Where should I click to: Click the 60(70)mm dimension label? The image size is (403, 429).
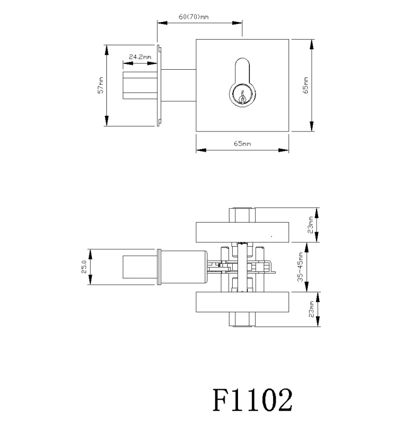click(x=193, y=17)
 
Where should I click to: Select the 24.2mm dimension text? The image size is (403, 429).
click(x=140, y=57)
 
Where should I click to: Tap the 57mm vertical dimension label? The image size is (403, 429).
click(x=100, y=85)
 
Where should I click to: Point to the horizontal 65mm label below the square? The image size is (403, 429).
click(x=242, y=144)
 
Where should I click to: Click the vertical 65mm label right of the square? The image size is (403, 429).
click(x=306, y=85)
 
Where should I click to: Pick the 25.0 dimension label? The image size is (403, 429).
click(x=84, y=267)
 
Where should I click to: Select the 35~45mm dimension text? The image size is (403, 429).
click(x=300, y=267)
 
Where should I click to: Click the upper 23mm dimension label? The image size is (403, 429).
click(x=311, y=225)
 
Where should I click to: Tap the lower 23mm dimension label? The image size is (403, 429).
click(x=311, y=309)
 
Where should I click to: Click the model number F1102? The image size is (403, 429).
click(x=253, y=400)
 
